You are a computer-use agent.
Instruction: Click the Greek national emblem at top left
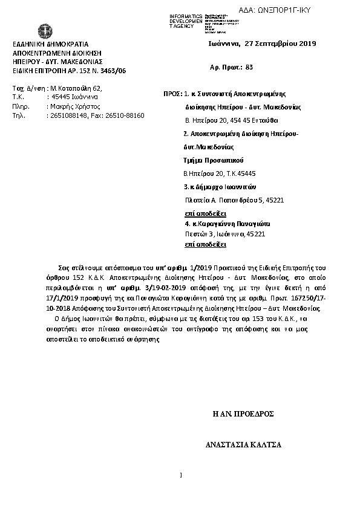point(44,31)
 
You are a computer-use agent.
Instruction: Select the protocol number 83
point(250,68)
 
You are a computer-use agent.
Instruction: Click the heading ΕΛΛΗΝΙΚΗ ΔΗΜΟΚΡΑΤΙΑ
point(51,45)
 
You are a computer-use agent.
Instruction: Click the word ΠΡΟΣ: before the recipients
point(173,95)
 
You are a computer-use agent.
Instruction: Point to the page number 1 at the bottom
point(181,475)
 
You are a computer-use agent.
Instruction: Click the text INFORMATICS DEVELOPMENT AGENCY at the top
point(186,21)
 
